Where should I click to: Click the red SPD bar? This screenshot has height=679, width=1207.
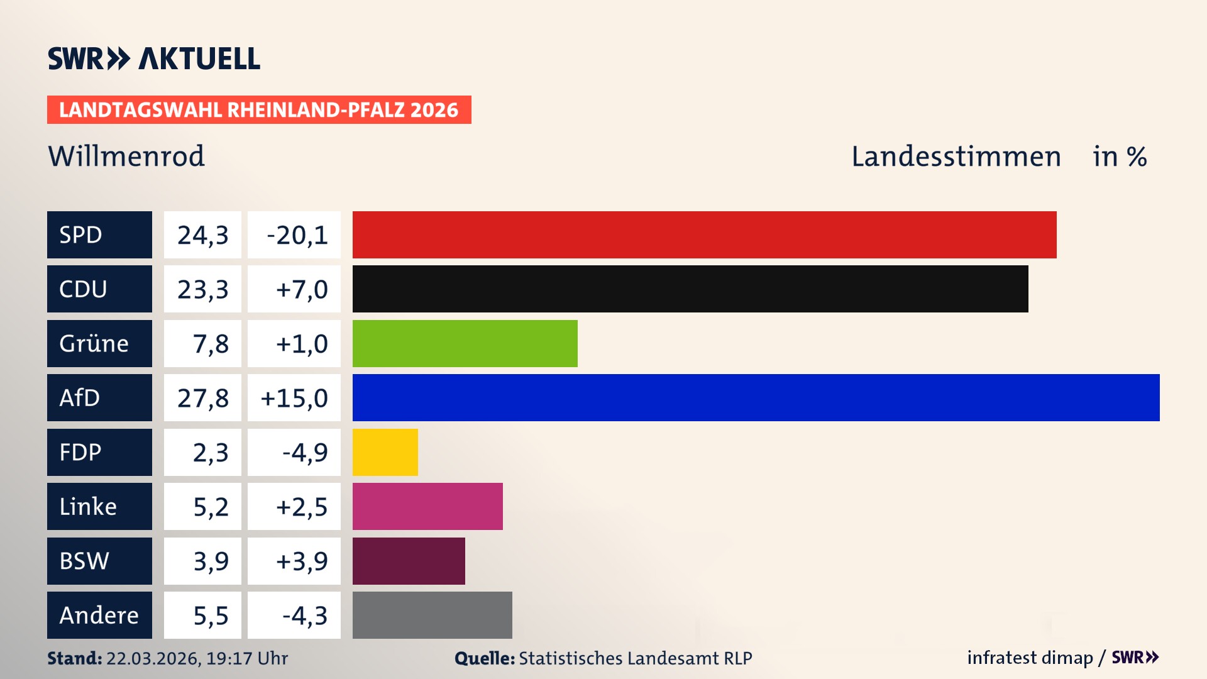click(704, 235)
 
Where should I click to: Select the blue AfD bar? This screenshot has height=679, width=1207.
click(756, 397)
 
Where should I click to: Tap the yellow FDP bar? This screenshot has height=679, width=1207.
click(385, 452)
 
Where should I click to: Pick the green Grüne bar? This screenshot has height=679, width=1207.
click(465, 343)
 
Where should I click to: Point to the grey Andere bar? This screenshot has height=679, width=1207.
click(432, 615)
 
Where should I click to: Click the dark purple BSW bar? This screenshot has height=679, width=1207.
click(409, 561)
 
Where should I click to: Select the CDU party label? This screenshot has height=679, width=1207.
click(99, 289)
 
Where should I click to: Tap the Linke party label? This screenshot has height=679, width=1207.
click(99, 506)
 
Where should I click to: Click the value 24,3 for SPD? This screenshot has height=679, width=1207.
click(202, 235)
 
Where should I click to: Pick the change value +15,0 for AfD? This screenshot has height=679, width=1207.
click(294, 398)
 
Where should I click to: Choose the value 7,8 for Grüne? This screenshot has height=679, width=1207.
click(210, 344)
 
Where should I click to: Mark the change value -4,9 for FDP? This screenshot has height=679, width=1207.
click(304, 452)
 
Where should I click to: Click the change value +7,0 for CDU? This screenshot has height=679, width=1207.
click(301, 289)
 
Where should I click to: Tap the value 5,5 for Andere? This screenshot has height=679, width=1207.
click(210, 616)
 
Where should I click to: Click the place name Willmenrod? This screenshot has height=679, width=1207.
click(126, 156)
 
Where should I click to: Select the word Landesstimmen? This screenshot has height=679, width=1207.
click(956, 157)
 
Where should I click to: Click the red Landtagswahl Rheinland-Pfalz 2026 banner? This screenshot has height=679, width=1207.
click(259, 110)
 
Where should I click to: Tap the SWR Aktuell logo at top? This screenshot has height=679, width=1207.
click(154, 58)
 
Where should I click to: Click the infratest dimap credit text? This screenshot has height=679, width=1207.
click(1030, 658)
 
